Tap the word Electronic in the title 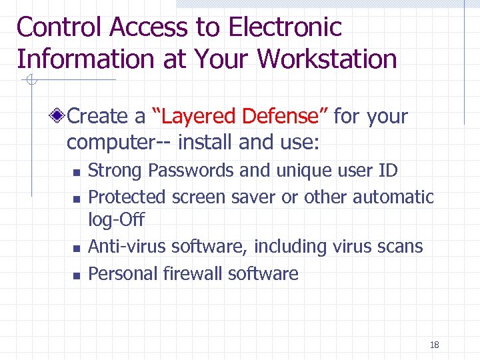coord(285,27)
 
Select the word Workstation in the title coord(327,59)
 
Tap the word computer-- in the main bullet coord(111,142)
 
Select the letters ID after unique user coord(387,171)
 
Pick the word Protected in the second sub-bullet coord(127,197)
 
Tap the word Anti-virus coord(127,247)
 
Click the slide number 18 coord(434,345)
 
